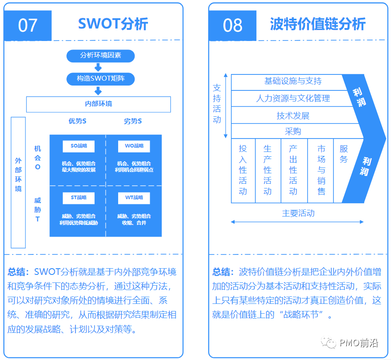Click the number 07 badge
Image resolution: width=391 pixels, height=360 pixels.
28,25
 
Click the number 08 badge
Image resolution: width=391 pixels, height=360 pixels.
232,25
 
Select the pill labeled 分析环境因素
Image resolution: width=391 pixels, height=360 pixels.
100,56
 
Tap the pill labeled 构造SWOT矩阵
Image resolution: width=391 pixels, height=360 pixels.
100,79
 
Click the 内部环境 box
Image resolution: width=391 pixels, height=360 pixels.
99,104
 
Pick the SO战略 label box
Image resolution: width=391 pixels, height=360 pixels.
78,146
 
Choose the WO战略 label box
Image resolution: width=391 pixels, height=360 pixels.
134,146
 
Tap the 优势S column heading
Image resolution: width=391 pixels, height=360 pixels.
78,121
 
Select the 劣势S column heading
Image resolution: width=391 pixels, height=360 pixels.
133,121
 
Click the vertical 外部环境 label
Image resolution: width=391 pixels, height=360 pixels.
18,174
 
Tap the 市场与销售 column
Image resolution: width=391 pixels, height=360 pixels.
321,171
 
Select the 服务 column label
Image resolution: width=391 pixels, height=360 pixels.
344,154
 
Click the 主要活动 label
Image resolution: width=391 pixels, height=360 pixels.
298,213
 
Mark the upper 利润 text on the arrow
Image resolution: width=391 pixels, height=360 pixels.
359,97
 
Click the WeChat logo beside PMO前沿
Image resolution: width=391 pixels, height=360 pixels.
329,343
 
